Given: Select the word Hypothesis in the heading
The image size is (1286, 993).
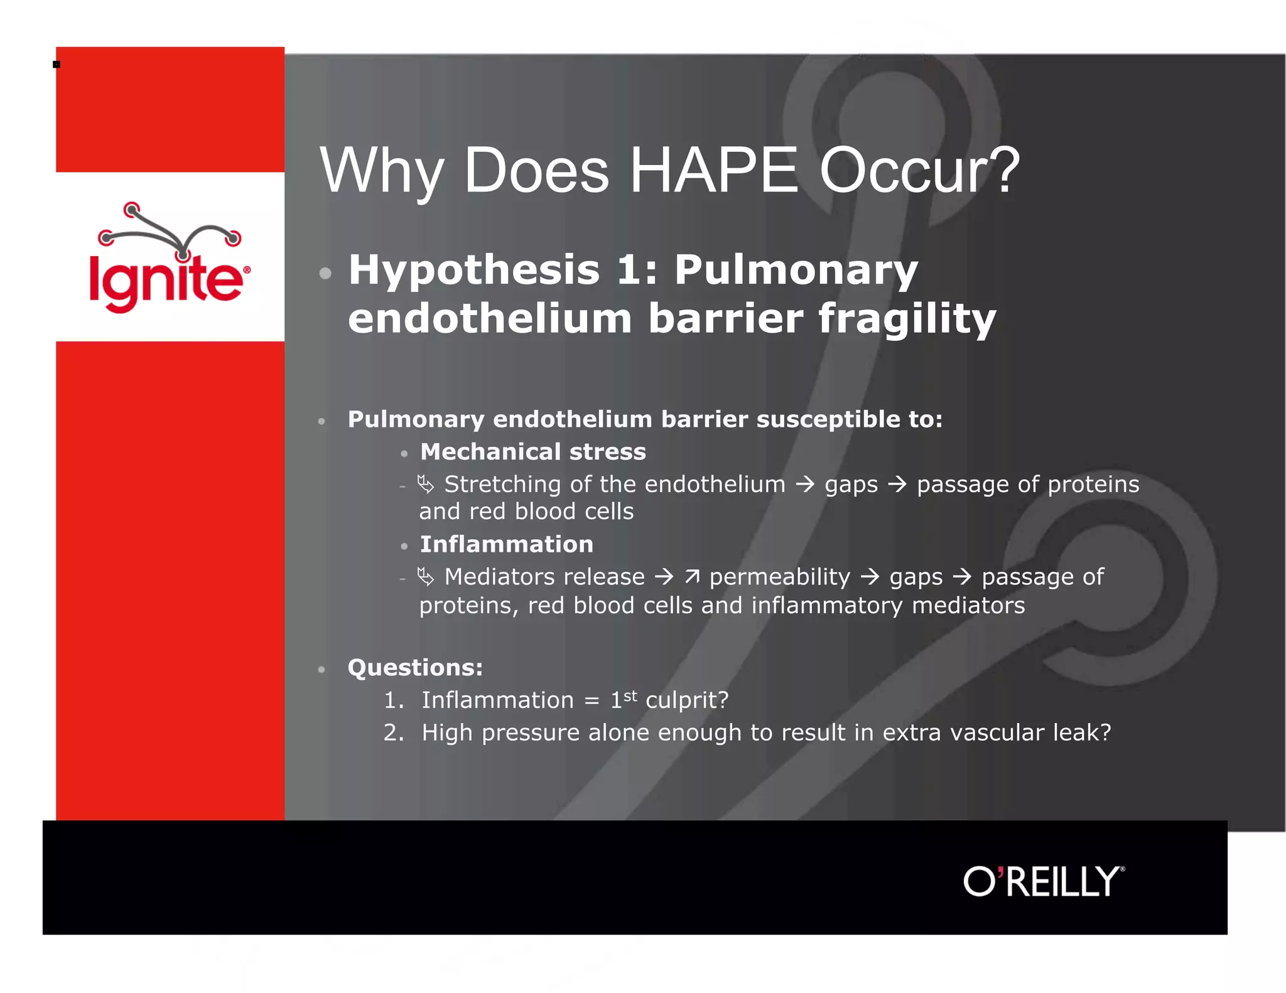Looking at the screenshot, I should pyautogui.click(x=474, y=271).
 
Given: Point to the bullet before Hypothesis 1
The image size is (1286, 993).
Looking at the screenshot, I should pyautogui.click(x=325, y=273).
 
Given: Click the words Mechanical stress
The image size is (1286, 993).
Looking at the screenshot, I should pyautogui.click(x=532, y=452).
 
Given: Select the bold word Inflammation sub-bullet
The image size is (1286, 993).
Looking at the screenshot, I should pyautogui.click(x=506, y=544).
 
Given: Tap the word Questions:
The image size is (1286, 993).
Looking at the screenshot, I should pyautogui.click(x=415, y=667).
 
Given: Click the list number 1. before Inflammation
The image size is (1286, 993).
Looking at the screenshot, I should pyautogui.click(x=393, y=700).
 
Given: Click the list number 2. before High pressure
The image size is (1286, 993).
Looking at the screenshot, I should pyautogui.click(x=393, y=733).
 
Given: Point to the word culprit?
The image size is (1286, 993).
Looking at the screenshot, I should pyautogui.click(x=687, y=700).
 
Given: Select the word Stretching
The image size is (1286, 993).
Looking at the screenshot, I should pyautogui.click(x=502, y=485).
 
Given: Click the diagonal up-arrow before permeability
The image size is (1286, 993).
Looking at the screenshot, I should pyautogui.click(x=691, y=576).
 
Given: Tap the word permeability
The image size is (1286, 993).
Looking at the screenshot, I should pyautogui.click(x=779, y=577).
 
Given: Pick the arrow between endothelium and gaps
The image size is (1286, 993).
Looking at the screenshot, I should pyautogui.click(x=804, y=485).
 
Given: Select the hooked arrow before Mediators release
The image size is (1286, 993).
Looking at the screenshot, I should pyautogui.click(x=425, y=576).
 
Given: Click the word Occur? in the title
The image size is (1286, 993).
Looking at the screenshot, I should pyautogui.click(x=919, y=171).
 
